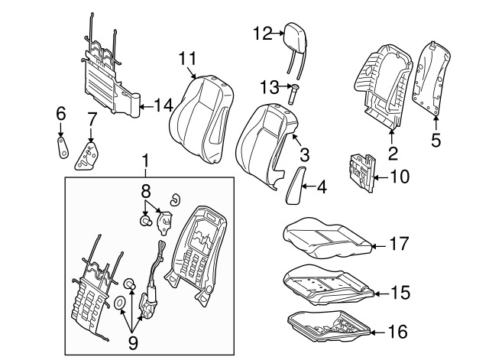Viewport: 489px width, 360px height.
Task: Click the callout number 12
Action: click(x=262, y=33)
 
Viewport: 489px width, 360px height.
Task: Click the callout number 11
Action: click(x=189, y=58)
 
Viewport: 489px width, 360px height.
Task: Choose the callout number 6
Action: click(x=60, y=114)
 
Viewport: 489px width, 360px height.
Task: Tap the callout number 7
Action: click(x=91, y=120)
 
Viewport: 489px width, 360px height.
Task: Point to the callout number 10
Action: click(x=400, y=177)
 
